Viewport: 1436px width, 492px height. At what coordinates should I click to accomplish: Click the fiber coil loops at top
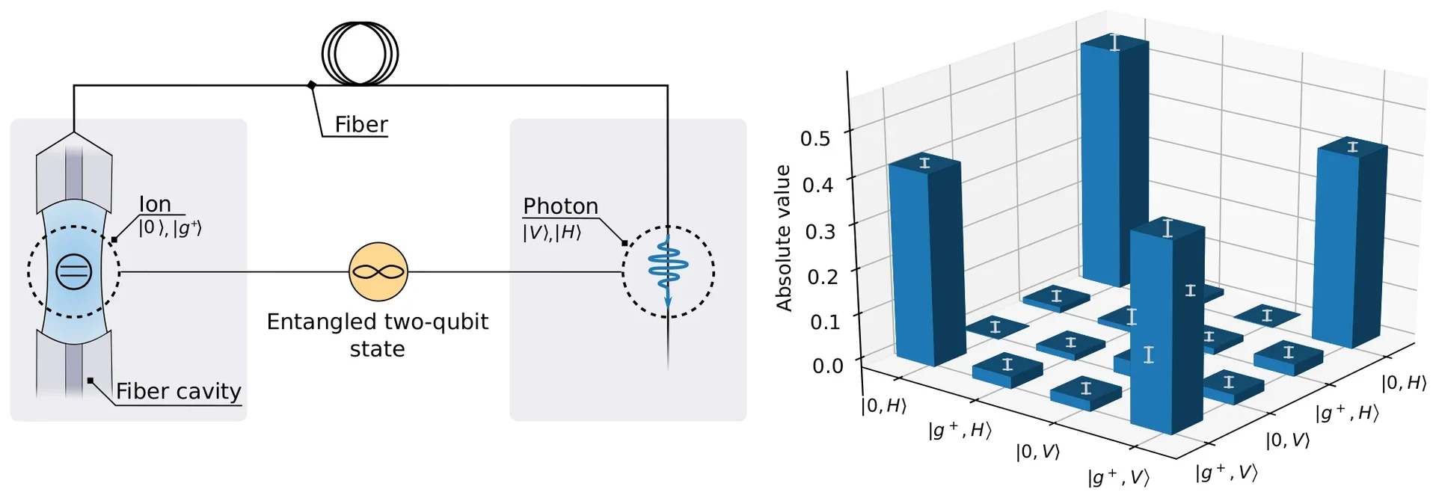click(360, 54)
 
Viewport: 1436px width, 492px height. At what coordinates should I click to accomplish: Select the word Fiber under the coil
click(361, 124)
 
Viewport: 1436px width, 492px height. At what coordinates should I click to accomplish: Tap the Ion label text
click(155, 204)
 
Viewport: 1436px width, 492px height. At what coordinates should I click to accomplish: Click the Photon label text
click(560, 206)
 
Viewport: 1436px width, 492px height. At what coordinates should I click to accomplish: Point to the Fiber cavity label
click(178, 391)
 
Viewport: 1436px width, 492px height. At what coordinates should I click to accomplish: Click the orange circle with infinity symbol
click(378, 272)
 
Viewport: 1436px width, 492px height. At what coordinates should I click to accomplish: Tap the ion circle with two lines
click(74, 272)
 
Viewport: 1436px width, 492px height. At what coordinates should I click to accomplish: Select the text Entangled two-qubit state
click(378, 335)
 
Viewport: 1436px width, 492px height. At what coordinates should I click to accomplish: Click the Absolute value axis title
click(783, 238)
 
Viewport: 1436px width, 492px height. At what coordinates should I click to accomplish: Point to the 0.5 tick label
click(815, 138)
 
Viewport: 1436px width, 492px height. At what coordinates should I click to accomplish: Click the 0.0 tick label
click(827, 366)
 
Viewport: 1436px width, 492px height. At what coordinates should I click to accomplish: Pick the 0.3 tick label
click(820, 231)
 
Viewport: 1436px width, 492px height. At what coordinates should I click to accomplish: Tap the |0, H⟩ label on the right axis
click(1404, 383)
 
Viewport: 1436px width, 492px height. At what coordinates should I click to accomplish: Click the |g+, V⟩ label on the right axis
click(1226, 472)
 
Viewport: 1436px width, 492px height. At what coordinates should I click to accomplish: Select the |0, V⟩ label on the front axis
click(1037, 451)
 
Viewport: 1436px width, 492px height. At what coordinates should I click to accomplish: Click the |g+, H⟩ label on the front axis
click(960, 430)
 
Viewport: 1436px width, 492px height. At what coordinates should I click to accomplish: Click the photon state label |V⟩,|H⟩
click(551, 232)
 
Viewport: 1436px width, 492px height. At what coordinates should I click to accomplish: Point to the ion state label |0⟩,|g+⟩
click(170, 227)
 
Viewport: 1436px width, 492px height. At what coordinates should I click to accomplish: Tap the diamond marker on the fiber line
click(312, 85)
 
